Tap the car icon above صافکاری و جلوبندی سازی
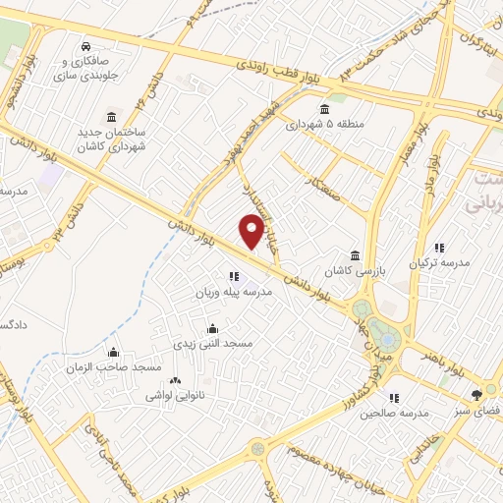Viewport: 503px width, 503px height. pyautogui.click(x=86, y=46)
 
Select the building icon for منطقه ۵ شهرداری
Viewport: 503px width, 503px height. pyautogui.click(x=324, y=109)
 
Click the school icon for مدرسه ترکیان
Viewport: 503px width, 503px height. pyautogui.click(x=439, y=248)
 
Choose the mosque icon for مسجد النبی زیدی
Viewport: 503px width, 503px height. pyautogui.click(x=212, y=329)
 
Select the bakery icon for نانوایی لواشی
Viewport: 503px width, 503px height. pyautogui.click(x=176, y=380)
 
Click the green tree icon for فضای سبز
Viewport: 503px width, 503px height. pyautogui.click(x=477, y=394)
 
